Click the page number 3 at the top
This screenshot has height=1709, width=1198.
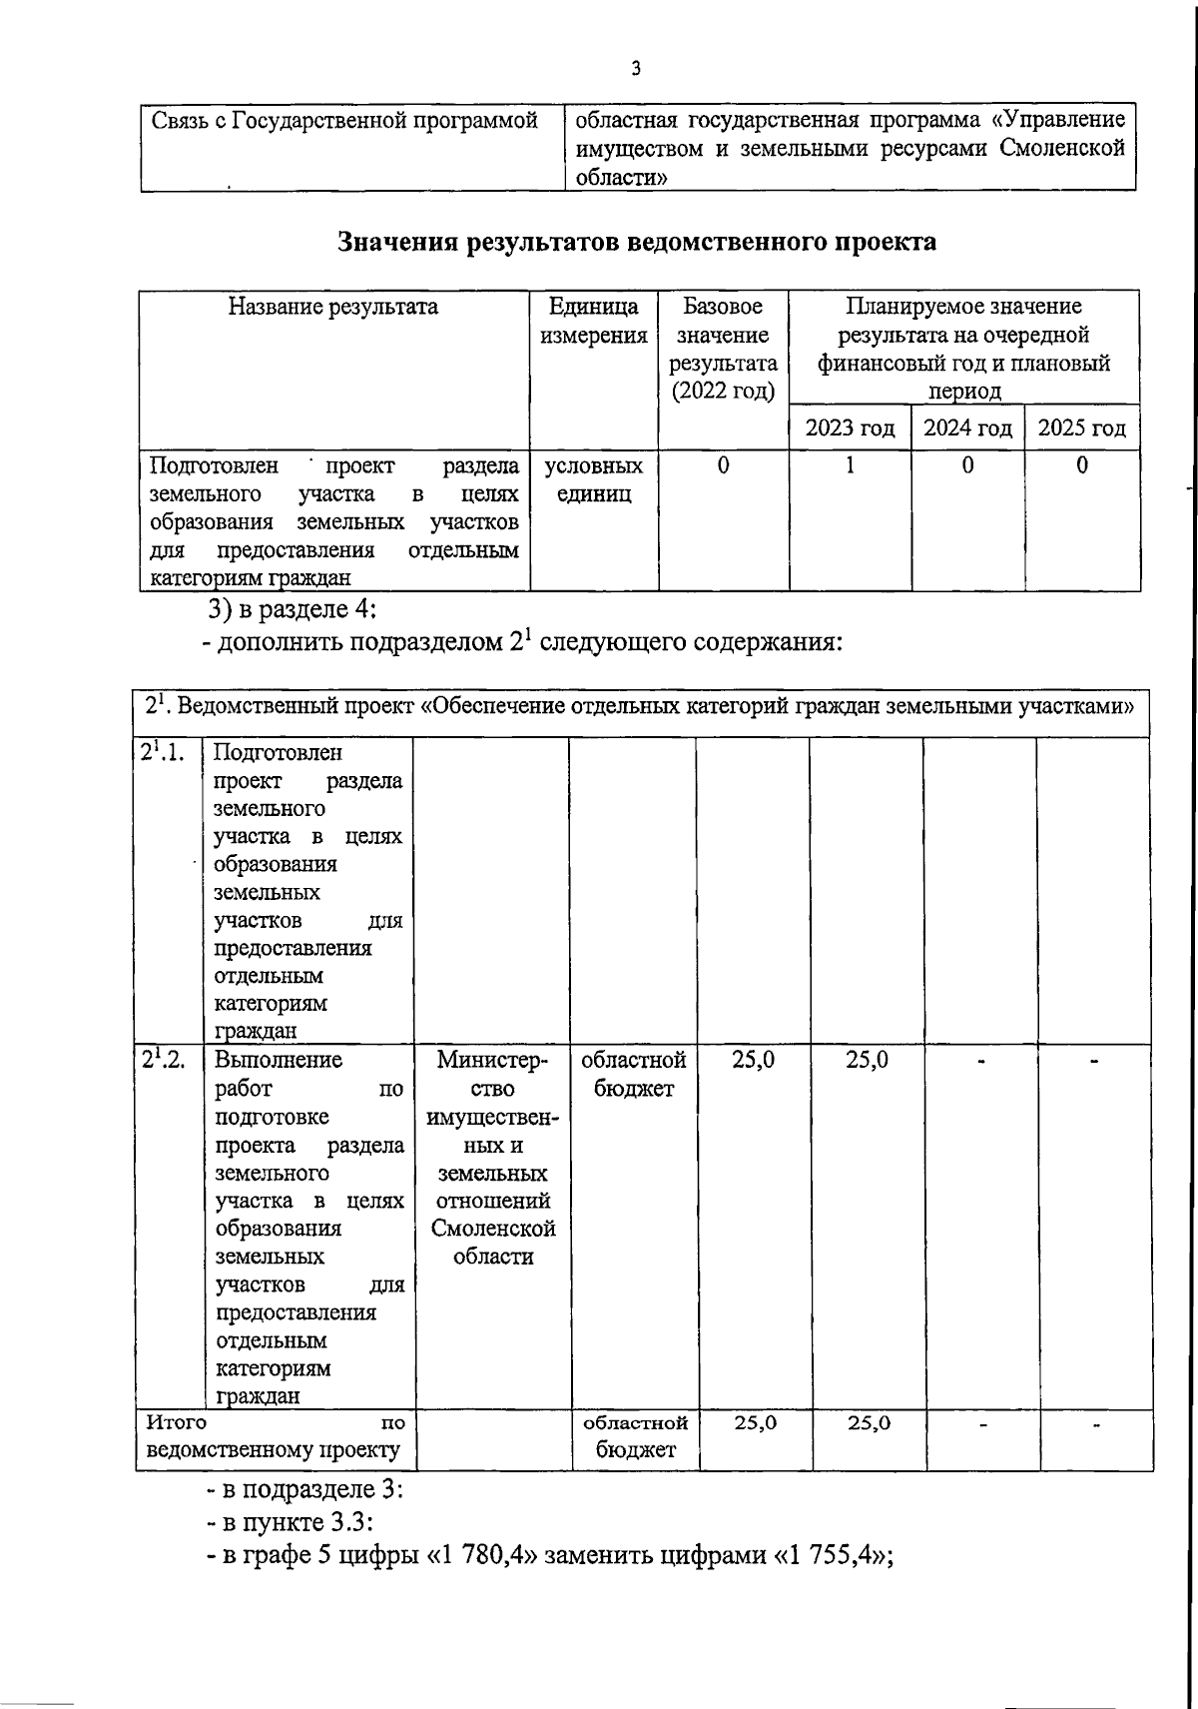[x=636, y=69]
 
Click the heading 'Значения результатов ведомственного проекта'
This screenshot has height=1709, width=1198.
[x=637, y=243]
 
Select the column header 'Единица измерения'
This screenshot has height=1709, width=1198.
[x=593, y=322]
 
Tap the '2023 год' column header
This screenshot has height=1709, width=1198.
[x=850, y=428]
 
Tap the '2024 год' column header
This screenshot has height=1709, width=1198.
[x=967, y=428]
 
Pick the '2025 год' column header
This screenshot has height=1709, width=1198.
[x=1082, y=428]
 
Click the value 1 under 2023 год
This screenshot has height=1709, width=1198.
[x=850, y=465]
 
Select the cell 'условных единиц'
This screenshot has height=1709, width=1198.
[x=593, y=479]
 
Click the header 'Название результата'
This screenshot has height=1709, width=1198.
[x=333, y=307]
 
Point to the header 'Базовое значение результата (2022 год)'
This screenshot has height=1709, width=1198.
[x=723, y=349]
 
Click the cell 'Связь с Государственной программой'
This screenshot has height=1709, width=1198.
[x=344, y=122]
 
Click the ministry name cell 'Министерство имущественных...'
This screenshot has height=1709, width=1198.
[x=492, y=1158]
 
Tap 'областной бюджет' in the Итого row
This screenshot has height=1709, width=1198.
[x=635, y=1436]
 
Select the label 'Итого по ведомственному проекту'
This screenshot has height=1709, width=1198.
[x=275, y=1436]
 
